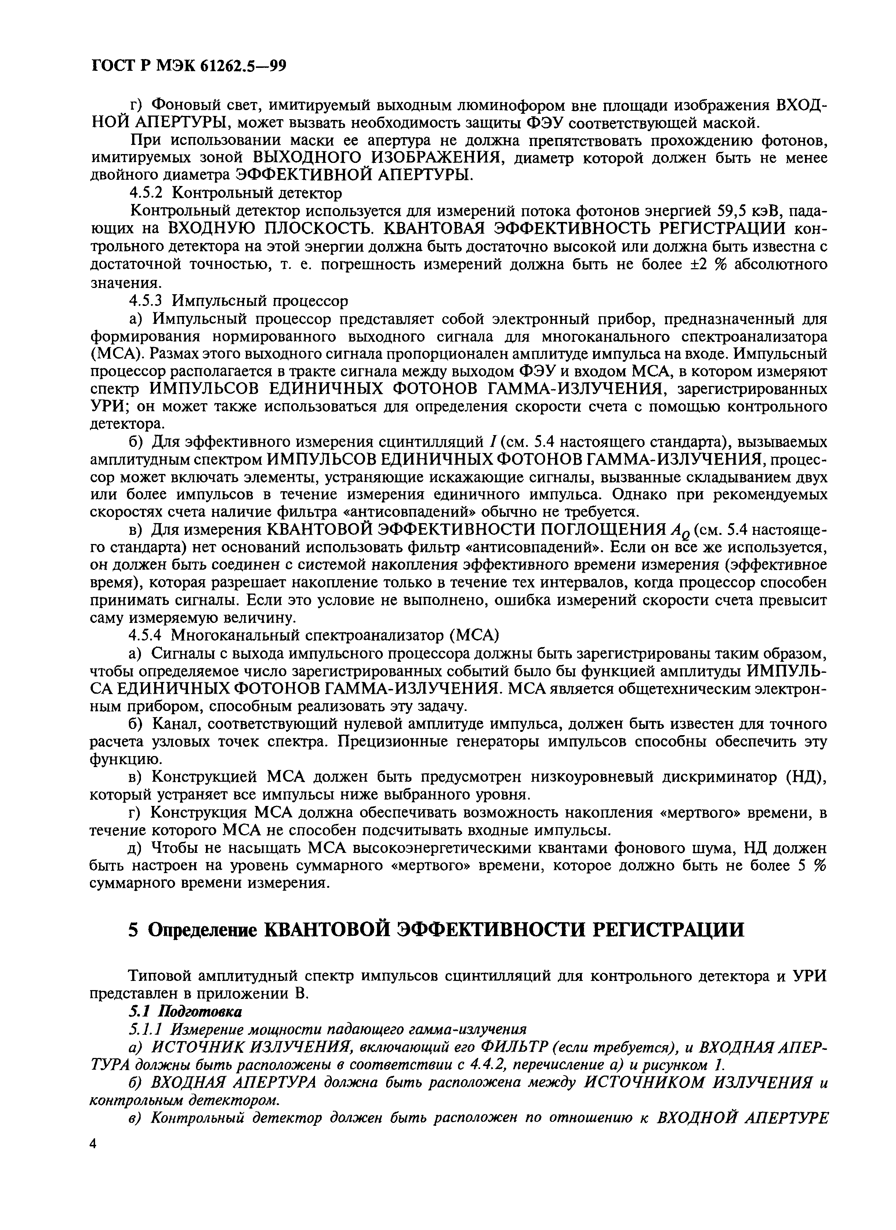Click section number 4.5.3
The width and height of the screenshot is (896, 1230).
tap(147, 300)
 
